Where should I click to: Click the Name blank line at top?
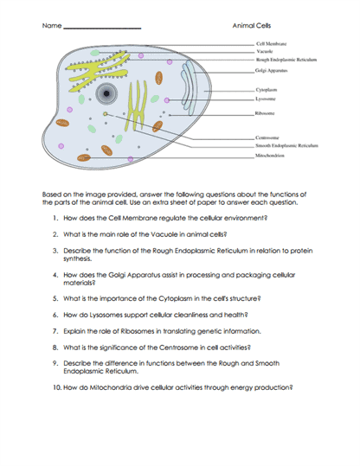coord(102,29)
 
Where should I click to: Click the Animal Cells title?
coord(252,26)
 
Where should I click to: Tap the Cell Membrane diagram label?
coord(272,44)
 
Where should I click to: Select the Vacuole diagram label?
coord(265,51)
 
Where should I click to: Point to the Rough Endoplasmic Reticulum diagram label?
coord(286,60)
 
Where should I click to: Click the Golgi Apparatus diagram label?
coord(271,70)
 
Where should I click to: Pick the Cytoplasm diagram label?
coord(267,90)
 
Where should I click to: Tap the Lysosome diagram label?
coord(266,99)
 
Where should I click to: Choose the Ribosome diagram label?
coord(265,113)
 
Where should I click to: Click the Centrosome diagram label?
coord(267,137)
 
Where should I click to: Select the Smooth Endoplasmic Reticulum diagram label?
coord(286,145)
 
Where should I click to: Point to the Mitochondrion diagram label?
coord(269,156)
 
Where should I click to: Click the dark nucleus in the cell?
coord(106,93)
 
